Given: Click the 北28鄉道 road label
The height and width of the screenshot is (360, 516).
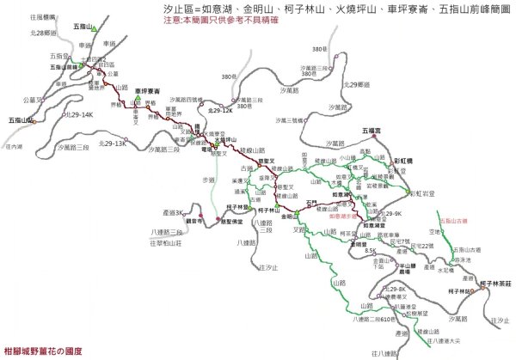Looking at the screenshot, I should coord(43,32).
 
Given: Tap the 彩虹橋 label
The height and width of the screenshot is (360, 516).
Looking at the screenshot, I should coord(405,161).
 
